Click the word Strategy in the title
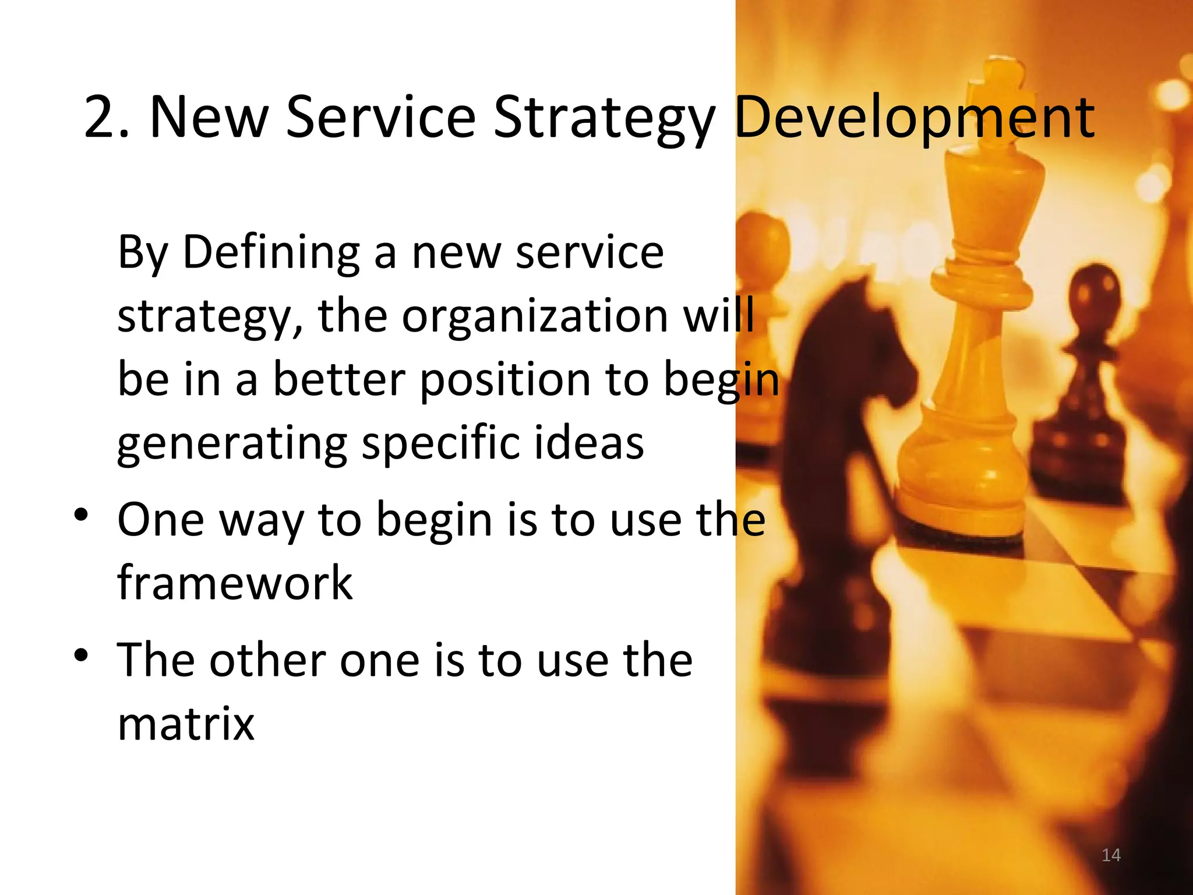603,118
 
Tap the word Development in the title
915,118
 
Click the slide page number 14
1111,855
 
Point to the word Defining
271,253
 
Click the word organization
534,316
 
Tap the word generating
232,444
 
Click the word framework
235,583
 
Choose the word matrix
186,724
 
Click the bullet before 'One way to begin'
81,515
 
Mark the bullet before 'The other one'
81,656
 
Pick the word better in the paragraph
339,380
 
